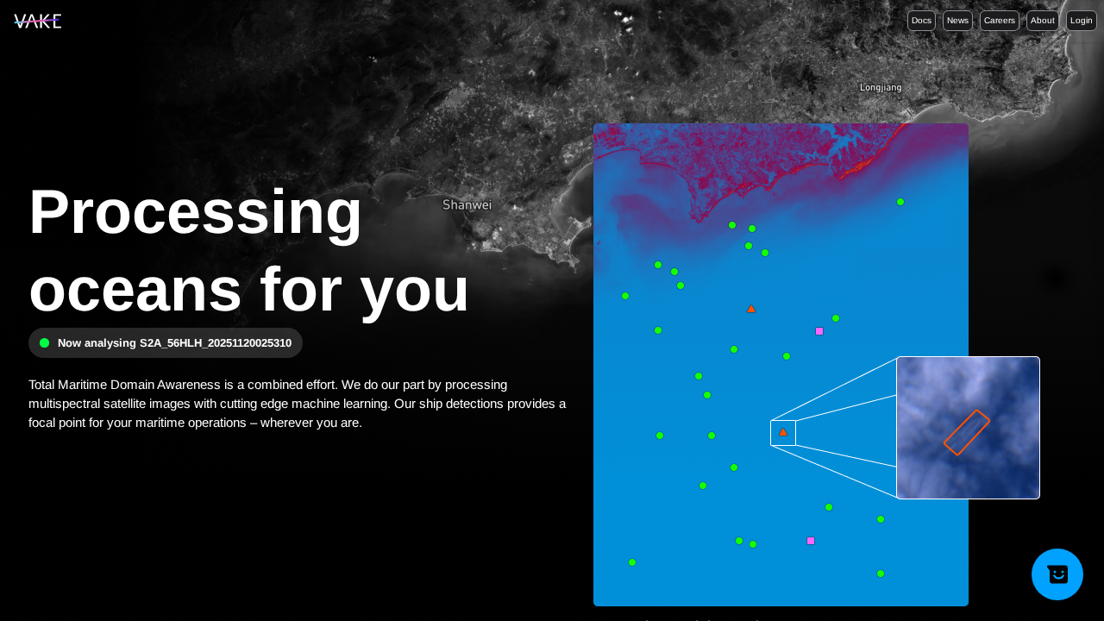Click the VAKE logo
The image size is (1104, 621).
click(37, 22)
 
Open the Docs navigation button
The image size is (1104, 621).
click(921, 21)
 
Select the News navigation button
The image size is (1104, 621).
click(957, 21)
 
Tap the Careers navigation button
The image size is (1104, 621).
click(999, 21)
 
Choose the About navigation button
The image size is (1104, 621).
click(1042, 21)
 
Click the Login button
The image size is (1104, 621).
click(1081, 21)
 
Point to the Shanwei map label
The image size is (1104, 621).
click(467, 205)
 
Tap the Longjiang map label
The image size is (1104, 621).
click(881, 87)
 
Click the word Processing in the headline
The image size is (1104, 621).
click(196, 212)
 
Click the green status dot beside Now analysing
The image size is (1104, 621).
click(45, 342)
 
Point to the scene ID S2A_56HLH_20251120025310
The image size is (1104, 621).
click(216, 342)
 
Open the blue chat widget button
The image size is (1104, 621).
click(1057, 574)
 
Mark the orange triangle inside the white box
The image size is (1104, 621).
click(783, 432)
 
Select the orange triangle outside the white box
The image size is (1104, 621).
click(751, 309)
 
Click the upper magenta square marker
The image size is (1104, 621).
click(819, 331)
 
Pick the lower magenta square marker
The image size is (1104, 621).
click(811, 541)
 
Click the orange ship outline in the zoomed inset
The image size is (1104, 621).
click(967, 432)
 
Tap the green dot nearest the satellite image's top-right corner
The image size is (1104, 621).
click(900, 202)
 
